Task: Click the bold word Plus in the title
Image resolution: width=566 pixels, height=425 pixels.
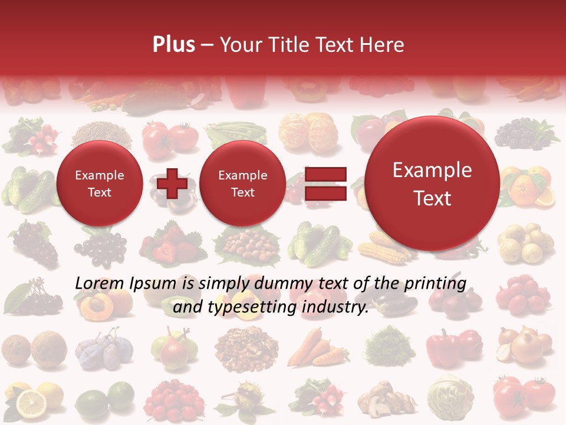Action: pos(173,45)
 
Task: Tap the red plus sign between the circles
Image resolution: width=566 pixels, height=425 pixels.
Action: pos(172,184)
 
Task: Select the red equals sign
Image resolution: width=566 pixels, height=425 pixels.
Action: pos(325,184)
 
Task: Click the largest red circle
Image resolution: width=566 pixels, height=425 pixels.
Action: pos(432,184)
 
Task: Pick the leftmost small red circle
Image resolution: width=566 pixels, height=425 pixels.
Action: pos(99,184)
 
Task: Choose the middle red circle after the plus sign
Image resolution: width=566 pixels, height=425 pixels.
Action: pos(242,184)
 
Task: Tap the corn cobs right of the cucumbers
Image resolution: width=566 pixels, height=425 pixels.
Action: pos(383,248)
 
